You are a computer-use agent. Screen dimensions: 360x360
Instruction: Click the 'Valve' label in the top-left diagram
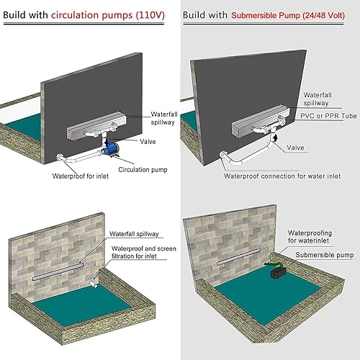click(x=148, y=142)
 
